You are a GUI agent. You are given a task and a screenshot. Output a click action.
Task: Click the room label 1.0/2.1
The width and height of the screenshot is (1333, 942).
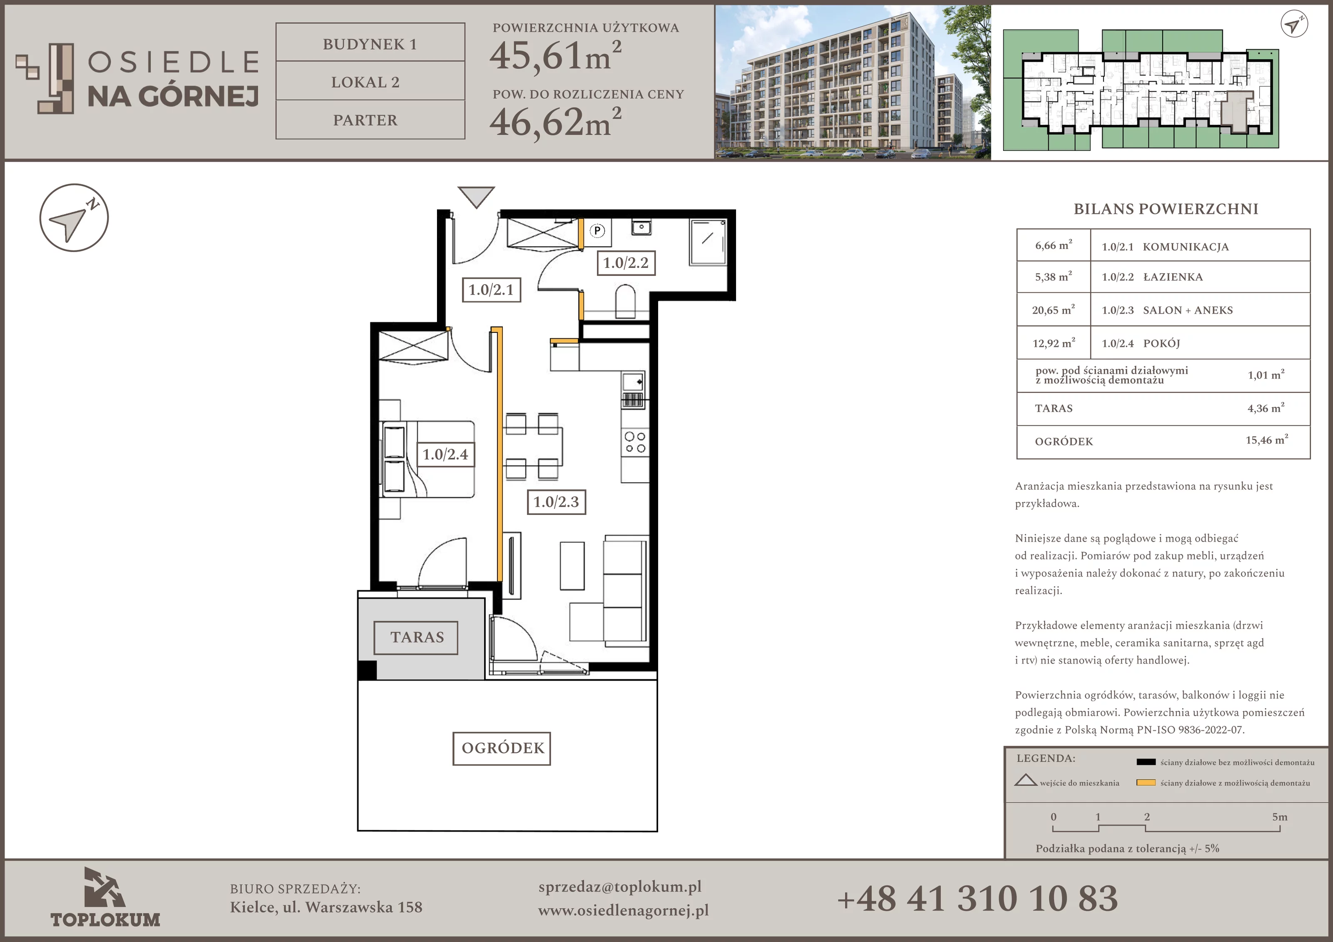[491, 290]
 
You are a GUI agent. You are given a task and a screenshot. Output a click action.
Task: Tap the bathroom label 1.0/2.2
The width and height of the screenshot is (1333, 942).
[626, 262]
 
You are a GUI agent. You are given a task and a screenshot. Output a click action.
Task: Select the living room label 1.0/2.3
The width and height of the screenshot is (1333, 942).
[556, 502]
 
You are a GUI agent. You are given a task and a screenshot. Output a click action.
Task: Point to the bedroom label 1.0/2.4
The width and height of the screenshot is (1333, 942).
[445, 454]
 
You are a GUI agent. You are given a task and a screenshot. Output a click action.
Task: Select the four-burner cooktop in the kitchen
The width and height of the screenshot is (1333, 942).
[634, 442]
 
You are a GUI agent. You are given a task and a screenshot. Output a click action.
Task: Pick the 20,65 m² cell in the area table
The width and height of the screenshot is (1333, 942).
[1053, 310]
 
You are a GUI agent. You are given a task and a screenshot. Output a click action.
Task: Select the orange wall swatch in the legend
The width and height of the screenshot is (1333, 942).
[1146, 782]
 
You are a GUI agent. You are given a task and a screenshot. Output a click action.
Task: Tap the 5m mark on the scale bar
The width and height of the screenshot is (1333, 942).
[1280, 817]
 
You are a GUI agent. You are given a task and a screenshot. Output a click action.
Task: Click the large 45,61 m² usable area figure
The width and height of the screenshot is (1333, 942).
[556, 56]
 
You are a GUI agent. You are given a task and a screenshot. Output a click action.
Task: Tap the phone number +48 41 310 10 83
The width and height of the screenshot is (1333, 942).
[978, 898]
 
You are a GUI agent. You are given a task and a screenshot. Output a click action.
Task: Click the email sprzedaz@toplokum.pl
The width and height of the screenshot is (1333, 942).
[620, 887]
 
